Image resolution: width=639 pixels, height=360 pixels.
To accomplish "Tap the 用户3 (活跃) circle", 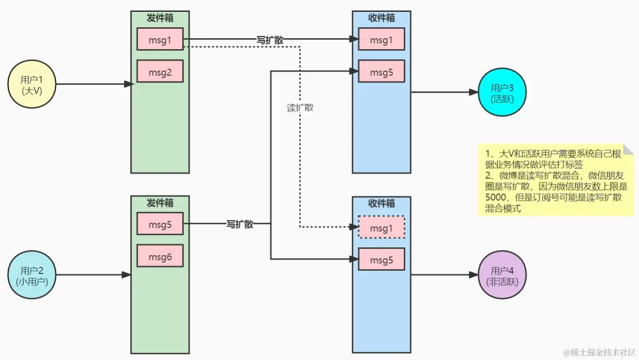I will tap(502, 93).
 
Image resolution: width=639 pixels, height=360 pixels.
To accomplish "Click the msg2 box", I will tap(160, 71).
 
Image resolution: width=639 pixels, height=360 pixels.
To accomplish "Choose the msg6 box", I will tap(160, 256).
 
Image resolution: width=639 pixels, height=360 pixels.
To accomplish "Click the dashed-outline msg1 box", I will tap(381, 227).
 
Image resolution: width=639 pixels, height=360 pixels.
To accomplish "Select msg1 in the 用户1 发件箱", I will tap(160, 39).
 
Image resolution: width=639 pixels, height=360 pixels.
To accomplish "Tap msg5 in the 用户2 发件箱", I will tap(160, 224).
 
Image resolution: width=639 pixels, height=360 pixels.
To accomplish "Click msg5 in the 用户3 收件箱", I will tap(381, 71).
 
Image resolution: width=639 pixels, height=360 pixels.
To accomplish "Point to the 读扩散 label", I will tap(300, 108).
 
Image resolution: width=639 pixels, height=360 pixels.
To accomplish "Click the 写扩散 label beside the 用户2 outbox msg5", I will tap(240, 224).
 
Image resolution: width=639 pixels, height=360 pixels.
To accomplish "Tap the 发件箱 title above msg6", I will tap(160, 202).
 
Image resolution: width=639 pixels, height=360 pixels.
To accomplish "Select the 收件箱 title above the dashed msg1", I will tap(381, 203).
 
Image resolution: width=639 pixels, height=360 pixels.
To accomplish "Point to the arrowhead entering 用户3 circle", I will tap(473, 92).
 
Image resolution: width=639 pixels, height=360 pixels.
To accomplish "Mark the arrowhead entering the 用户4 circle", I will tap(473, 275).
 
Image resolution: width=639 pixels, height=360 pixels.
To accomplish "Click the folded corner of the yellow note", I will tap(629, 149).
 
